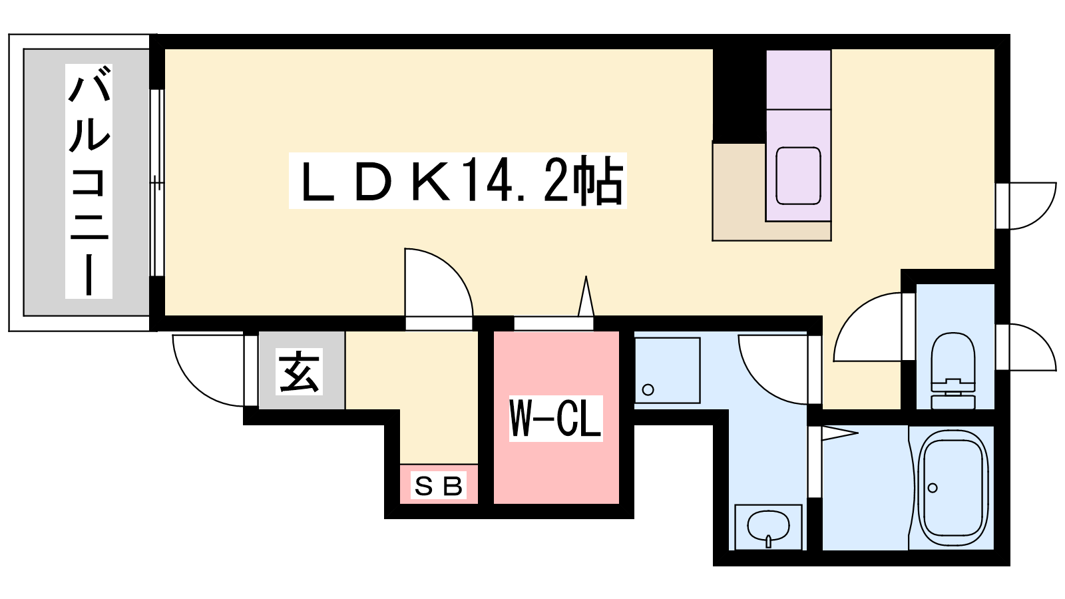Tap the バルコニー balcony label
(89, 181)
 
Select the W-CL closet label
(556, 418)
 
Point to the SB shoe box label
(439, 486)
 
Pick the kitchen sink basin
(798, 175)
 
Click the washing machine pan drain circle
(648, 389)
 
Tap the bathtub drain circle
(933, 488)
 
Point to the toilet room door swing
(865, 326)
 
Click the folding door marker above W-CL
(586, 298)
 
